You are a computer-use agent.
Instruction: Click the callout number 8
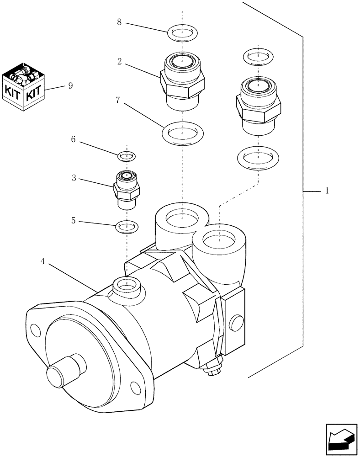click(x=119, y=22)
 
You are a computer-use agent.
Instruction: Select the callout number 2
click(x=119, y=61)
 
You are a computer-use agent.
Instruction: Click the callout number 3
click(x=73, y=179)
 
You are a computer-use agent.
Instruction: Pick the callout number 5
click(x=73, y=221)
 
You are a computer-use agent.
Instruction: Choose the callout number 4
click(x=42, y=261)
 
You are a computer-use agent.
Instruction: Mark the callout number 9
click(x=70, y=85)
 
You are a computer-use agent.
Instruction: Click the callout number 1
click(x=327, y=191)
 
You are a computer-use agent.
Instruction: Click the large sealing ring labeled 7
click(x=182, y=133)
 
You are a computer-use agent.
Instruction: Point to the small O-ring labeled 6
click(x=126, y=157)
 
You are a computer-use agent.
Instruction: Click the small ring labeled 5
click(x=127, y=226)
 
